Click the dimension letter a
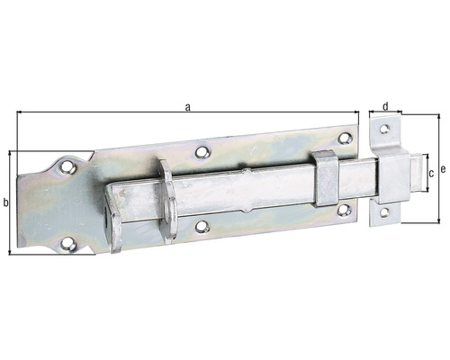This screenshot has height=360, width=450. (x=187, y=107)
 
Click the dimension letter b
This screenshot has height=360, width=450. (x=6, y=202)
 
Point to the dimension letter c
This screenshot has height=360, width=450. (x=431, y=172)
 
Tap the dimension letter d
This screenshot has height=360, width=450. (x=386, y=106)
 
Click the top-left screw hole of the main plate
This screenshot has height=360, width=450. (x=66, y=166)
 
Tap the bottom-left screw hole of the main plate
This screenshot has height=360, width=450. (x=67, y=241)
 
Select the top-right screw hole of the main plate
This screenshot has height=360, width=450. (x=344, y=138)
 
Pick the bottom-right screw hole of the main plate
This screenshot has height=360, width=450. (x=343, y=211)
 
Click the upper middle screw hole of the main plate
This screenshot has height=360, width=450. (x=203, y=152)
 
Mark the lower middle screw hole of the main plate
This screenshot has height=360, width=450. (x=202, y=227)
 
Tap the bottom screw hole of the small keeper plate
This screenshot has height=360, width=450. (x=384, y=213)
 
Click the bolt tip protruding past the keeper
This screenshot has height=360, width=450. (x=415, y=174)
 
